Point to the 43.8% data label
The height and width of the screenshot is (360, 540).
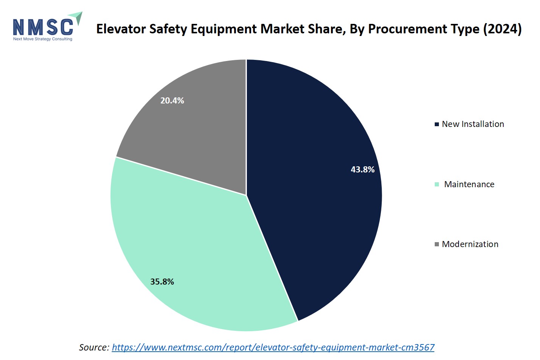[x=362, y=169]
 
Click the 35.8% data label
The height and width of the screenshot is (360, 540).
[x=162, y=282]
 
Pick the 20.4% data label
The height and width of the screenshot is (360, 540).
[x=172, y=100]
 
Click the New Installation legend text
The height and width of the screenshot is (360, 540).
[x=473, y=124]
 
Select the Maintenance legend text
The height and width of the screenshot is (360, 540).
[x=469, y=184]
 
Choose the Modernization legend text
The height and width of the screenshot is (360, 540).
[x=470, y=244]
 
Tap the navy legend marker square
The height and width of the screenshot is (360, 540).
[x=437, y=124]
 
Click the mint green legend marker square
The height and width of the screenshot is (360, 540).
[x=437, y=184]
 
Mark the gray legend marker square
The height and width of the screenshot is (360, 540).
[x=437, y=244]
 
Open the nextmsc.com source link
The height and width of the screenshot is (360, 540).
[x=273, y=347]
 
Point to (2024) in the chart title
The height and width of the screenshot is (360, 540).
[x=503, y=29]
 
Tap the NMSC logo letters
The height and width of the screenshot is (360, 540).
[x=43, y=27]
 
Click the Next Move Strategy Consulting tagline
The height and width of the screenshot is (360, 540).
[x=42, y=39]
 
